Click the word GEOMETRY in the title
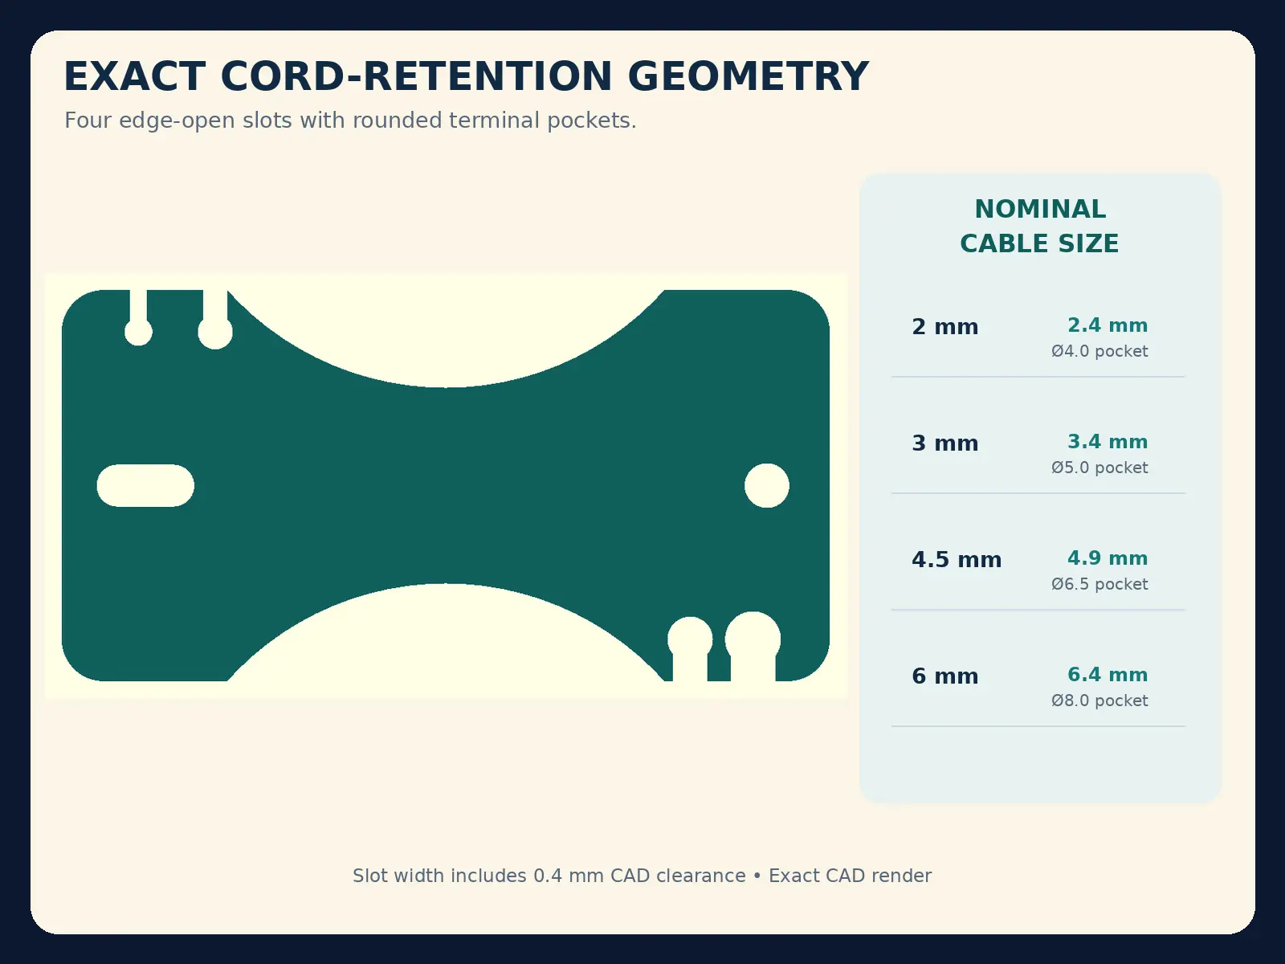(x=748, y=76)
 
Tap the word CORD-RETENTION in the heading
(x=416, y=76)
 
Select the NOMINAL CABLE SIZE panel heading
(x=1040, y=226)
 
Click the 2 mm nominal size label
(x=944, y=327)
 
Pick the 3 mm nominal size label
(x=944, y=443)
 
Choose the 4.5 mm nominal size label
(x=957, y=560)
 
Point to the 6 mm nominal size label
(x=944, y=676)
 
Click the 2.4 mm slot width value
(x=1108, y=325)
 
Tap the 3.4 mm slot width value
(x=1108, y=441)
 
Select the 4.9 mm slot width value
(x=1108, y=558)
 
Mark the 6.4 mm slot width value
(x=1108, y=674)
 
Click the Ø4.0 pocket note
(x=1099, y=351)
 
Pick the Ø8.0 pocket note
(x=1099, y=701)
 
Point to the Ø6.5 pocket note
(x=1099, y=584)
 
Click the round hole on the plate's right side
(x=767, y=485)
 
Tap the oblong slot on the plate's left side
(x=145, y=485)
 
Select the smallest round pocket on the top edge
(x=138, y=332)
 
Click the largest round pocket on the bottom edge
(x=753, y=639)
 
